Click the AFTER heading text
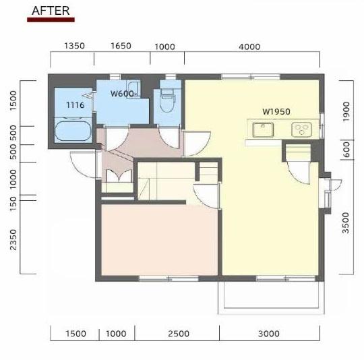(x=51, y=11)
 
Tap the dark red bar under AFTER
(x=51, y=20)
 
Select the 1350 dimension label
(x=74, y=46)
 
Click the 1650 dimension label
(x=121, y=46)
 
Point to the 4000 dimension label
(x=249, y=47)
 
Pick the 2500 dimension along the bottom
(x=179, y=334)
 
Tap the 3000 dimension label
(x=268, y=334)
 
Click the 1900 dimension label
(x=346, y=111)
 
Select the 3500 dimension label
(x=345, y=223)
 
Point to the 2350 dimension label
(x=13, y=240)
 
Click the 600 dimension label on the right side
(x=346, y=150)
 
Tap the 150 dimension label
(x=13, y=204)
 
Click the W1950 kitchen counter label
(x=276, y=112)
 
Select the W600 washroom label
(x=122, y=94)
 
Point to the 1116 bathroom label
(x=75, y=105)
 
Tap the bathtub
(x=73, y=129)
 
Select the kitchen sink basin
(x=263, y=129)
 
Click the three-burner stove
(x=301, y=129)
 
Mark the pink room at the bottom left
(x=160, y=240)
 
